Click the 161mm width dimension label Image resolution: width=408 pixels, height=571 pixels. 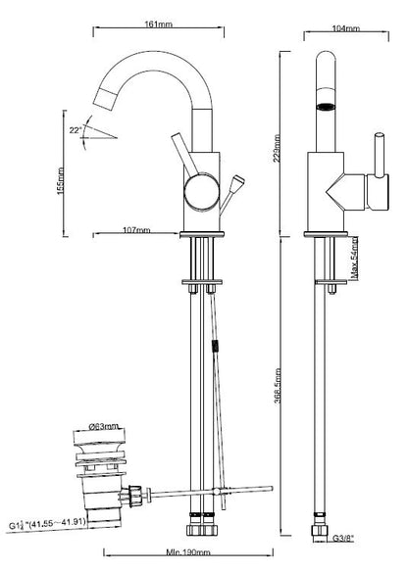[159, 24]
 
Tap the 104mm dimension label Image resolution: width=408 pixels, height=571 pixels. [346, 28]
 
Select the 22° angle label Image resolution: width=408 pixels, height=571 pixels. [76, 130]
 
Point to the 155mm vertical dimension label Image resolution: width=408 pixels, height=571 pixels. [61, 180]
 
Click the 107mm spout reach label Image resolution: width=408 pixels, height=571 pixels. [136, 230]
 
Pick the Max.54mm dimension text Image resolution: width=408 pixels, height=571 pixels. [354, 259]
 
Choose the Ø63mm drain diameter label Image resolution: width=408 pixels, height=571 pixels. [104, 426]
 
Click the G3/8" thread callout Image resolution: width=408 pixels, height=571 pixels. [343, 539]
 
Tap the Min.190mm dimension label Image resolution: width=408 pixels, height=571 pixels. [188, 552]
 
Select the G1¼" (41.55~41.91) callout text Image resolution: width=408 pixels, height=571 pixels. [48, 525]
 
